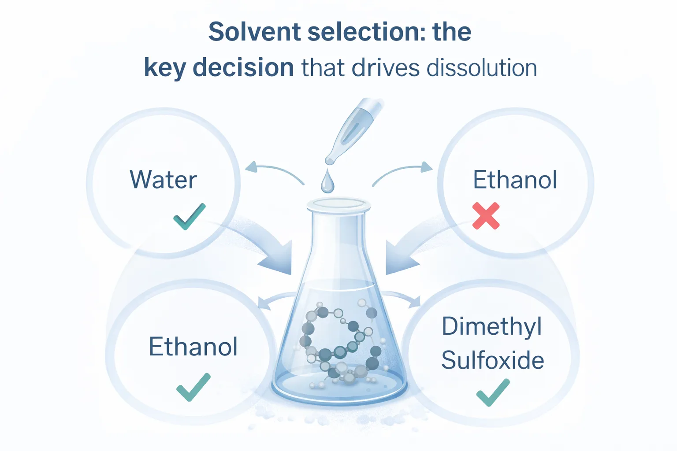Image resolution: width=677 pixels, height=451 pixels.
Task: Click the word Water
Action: tap(163, 180)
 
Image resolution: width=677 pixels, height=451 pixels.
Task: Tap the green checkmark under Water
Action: tap(189, 216)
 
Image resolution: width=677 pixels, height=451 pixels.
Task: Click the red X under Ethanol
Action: tap(486, 216)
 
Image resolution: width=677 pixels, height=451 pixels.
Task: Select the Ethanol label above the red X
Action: tap(515, 180)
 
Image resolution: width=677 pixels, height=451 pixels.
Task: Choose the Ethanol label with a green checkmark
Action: tap(193, 347)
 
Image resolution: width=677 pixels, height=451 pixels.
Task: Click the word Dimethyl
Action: tap(492, 327)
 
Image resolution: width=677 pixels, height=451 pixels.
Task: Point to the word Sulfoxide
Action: tap(492, 360)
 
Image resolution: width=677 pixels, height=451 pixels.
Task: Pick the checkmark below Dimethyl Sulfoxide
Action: tap(493, 392)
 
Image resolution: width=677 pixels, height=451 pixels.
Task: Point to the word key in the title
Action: tap(165, 68)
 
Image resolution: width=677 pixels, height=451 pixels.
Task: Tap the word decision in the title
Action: tap(243, 68)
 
